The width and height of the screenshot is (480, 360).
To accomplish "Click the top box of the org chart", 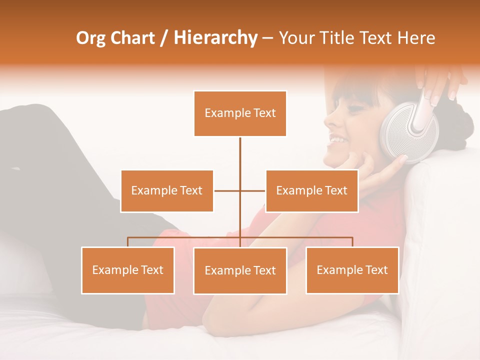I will [240, 113].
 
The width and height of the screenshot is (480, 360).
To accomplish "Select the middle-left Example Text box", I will [167, 191].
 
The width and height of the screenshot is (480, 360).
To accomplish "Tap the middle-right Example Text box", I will [311, 191].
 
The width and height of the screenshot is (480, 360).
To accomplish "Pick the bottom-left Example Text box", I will [128, 270].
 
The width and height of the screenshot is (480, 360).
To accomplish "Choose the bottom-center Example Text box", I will [240, 271].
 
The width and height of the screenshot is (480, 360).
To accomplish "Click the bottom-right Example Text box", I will [352, 270].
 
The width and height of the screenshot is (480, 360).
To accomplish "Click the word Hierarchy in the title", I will [215, 38].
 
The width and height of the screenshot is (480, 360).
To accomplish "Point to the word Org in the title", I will [91, 38].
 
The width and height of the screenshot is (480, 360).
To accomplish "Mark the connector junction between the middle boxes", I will [240, 191].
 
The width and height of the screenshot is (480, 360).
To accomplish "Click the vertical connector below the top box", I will [240, 155].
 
